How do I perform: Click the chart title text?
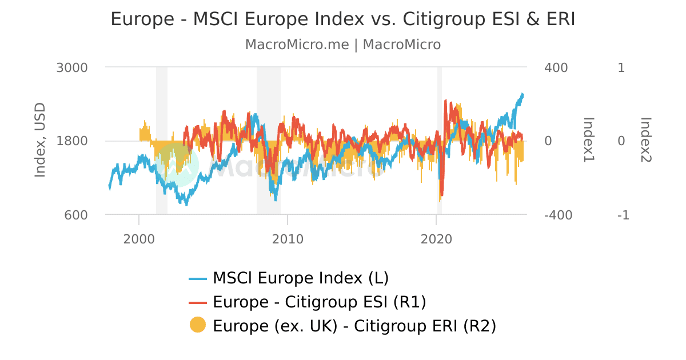(342, 19)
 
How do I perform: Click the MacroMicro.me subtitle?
(342, 45)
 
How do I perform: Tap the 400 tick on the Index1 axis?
(556, 67)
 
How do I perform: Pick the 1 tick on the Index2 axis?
(621, 67)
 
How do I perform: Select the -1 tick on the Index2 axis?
(623, 215)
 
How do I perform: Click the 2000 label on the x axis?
(139, 238)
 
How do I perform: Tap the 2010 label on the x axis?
(288, 238)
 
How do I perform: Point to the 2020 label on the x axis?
(436, 238)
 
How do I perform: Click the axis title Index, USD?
(39, 141)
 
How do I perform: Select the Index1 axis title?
(589, 140)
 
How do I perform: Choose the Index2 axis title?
(646, 140)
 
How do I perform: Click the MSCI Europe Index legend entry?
(300, 278)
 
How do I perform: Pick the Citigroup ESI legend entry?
(319, 302)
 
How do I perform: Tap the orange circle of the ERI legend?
(197, 325)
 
